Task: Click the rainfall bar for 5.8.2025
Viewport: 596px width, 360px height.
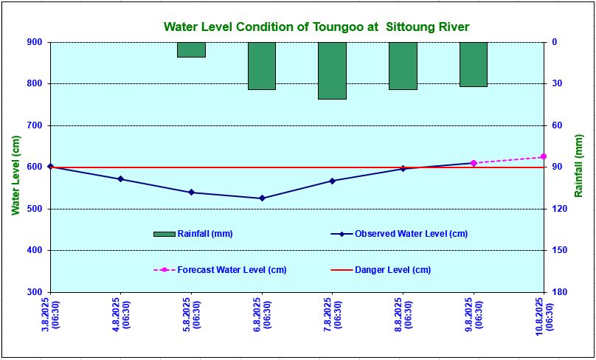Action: point(191,49)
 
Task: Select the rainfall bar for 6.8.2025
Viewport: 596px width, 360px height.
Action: point(262,66)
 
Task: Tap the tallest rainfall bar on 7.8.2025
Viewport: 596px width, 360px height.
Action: point(332,70)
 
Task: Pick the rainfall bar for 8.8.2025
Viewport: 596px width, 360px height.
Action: point(403,66)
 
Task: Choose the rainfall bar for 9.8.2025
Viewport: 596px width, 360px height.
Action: point(474,64)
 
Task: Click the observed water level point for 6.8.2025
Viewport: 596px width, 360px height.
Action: point(262,198)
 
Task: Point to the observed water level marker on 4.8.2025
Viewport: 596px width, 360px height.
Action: point(121,179)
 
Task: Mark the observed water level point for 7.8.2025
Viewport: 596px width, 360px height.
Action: point(332,181)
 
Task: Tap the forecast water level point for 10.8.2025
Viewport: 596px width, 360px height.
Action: point(544,156)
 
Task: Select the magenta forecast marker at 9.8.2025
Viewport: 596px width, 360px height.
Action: point(474,163)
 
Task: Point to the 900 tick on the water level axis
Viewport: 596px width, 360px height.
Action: point(35,42)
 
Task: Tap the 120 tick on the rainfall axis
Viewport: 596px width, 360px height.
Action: point(558,209)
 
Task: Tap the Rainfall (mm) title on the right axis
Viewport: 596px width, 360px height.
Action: point(579,167)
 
